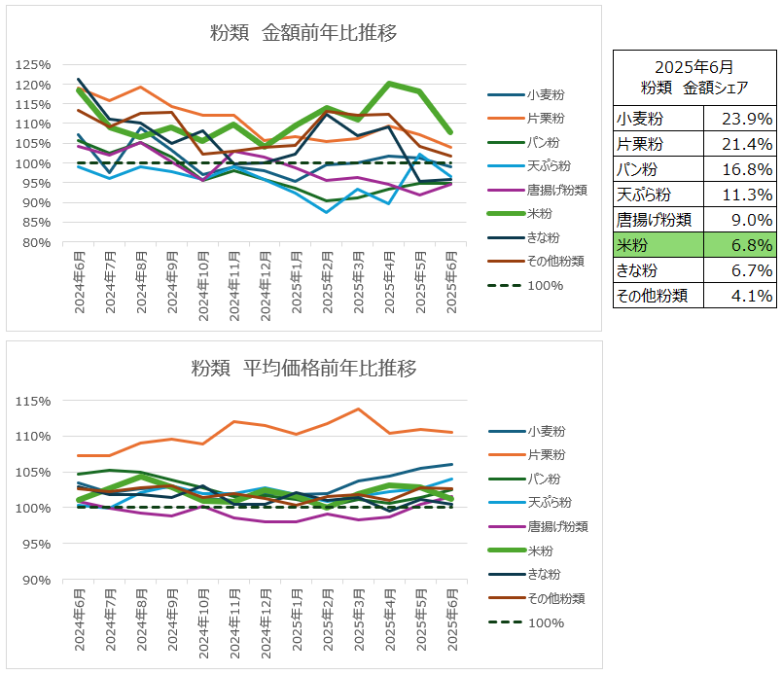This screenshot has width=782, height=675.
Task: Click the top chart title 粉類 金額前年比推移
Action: (303, 33)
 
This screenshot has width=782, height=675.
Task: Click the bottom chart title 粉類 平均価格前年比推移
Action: (303, 369)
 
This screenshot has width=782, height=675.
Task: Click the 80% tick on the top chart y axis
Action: (36, 242)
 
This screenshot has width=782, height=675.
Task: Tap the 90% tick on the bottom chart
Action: (36, 580)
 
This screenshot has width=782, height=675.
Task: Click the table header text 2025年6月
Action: (694, 67)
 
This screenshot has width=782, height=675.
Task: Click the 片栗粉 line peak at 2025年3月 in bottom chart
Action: (359, 409)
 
